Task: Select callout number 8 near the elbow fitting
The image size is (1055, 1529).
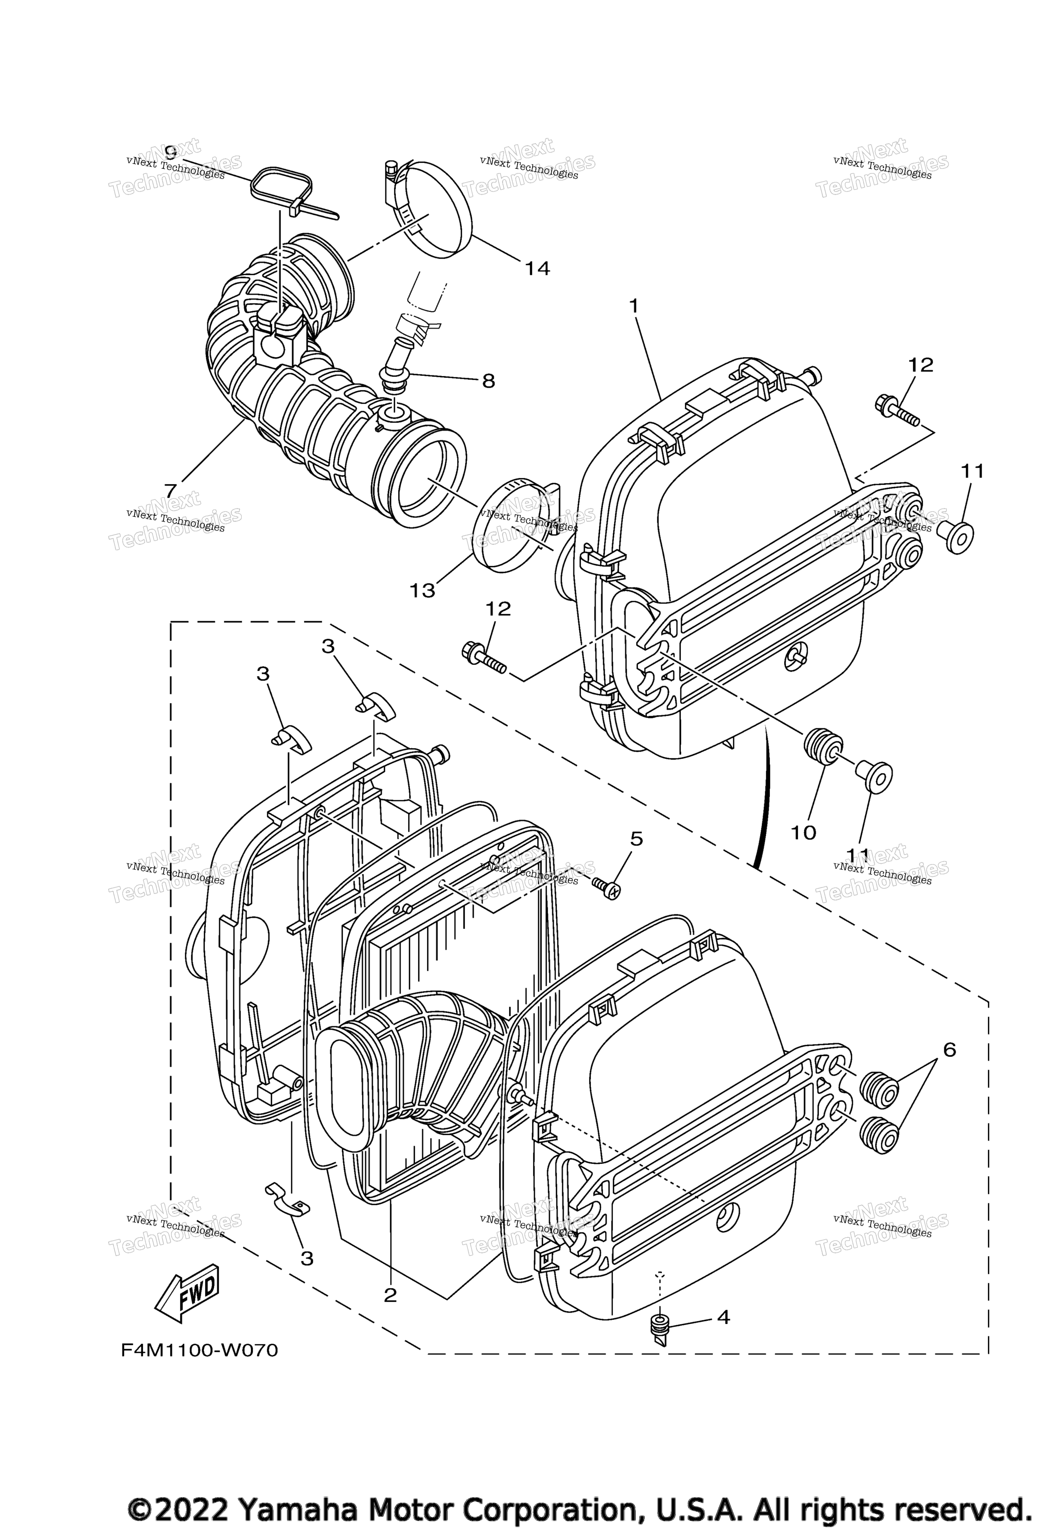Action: click(x=488, y=381)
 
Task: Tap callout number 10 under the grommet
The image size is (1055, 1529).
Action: click(x=804, y=832)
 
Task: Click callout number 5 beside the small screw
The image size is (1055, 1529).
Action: click(x=636, y=839)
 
